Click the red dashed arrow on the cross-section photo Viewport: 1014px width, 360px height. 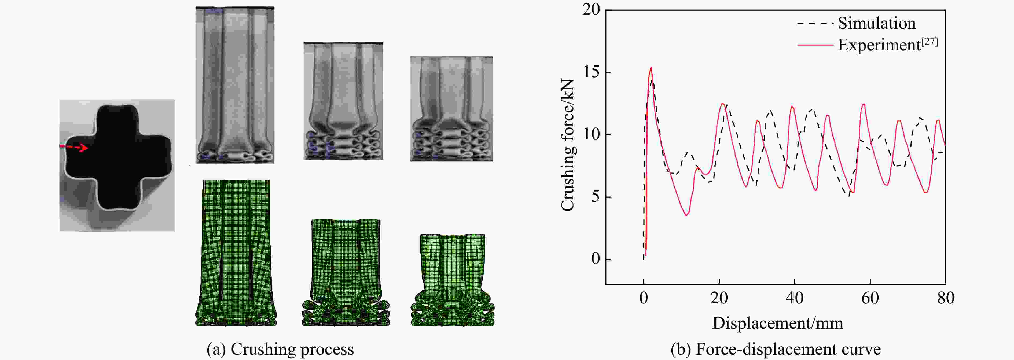click(74, 147)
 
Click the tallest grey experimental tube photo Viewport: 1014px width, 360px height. click(235, 85)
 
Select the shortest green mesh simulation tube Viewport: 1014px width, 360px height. click(452, 280)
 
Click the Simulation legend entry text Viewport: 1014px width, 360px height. click(876, 23)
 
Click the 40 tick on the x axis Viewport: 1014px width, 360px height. click(794, 298)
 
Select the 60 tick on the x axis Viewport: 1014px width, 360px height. click(870, 298)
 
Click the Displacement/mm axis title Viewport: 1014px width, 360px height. click(778, 323)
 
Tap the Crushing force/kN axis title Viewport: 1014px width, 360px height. click(568, 146)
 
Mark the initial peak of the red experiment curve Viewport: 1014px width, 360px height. click(651, 67)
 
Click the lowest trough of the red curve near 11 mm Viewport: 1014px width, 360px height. click(686, 215)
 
